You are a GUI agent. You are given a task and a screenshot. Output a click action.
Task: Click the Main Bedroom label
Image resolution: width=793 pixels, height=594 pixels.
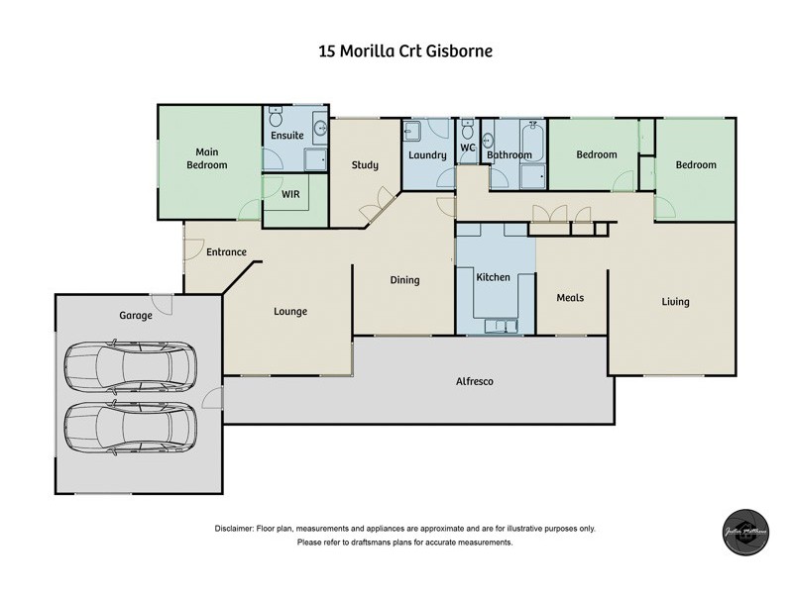[207, 158]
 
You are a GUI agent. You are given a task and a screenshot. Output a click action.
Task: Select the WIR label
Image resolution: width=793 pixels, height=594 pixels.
[291, 195]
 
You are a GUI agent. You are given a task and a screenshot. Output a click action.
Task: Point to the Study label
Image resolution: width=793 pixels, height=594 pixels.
[365, 165]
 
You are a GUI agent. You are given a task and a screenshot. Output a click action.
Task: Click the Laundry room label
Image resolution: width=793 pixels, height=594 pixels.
[427, 155]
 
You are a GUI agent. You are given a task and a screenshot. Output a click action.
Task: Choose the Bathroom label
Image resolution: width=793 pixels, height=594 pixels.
[510, 155]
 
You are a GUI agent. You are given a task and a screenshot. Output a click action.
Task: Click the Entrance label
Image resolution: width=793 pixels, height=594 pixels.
[226, 252]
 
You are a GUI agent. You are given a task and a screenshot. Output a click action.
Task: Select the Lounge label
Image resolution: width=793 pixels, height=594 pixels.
[290, 312]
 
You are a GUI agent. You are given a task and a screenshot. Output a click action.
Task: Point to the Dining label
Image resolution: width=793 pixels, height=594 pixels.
[404, 280]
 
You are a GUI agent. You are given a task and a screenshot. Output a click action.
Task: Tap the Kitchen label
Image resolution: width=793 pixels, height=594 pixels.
[493, 278]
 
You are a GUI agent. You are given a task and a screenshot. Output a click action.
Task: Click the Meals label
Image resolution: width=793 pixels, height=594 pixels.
[570, 298]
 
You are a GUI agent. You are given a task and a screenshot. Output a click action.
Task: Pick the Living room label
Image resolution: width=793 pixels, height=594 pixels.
[676, 302]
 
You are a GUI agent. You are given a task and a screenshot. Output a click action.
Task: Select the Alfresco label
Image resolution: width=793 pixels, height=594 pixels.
[475, 381]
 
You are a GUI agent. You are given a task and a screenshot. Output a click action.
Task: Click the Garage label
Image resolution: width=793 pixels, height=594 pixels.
[136, 316]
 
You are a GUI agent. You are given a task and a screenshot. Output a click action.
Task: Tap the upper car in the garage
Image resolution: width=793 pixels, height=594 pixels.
[131, 365]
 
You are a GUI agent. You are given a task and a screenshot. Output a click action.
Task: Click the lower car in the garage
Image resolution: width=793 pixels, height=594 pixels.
[131, 427]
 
